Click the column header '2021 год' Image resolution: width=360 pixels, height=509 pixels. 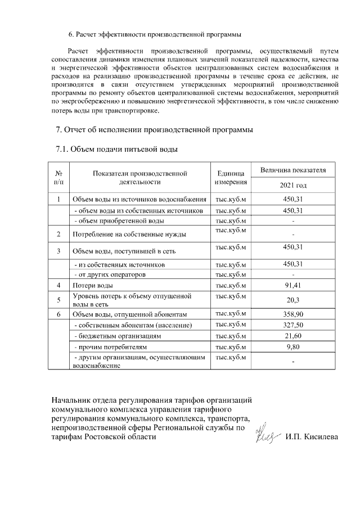pyautogui.click(x=294, y=185)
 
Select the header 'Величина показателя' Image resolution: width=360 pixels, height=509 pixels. pyautogui.click(x=294, y=169)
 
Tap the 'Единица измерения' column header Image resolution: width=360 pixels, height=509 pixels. pyautogui.click(x=231, y=177)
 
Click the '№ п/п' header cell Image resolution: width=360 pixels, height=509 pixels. pyautogui.click(x=58, y=177)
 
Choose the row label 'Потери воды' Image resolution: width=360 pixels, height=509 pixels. pyautogui.click(x=89, y=286)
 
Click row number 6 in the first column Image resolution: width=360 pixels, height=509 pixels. pyautogui.click(x=58, y=314)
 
